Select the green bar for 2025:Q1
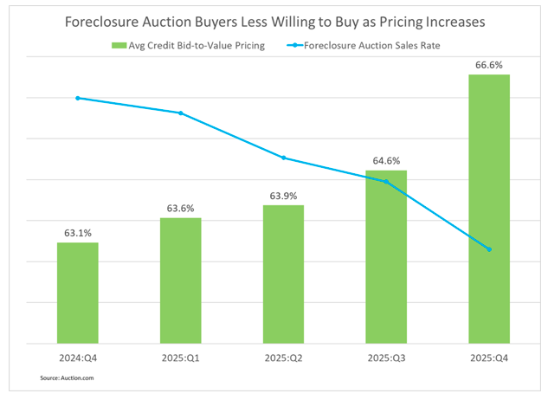pos(180,281)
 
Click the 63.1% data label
pos(78,232)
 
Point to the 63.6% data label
pos(180,208)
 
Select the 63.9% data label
pos(283,195)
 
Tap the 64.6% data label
pos(386,160)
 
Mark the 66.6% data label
pos(489,64)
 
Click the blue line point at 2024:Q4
pos(78,98)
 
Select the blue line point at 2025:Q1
pos(180,113)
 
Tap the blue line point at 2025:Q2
pos(283,158)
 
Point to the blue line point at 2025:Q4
pos(489,249)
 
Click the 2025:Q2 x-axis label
pos(283,357)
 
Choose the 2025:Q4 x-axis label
pos(489,357)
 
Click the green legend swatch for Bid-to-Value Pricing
pos(116,43)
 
